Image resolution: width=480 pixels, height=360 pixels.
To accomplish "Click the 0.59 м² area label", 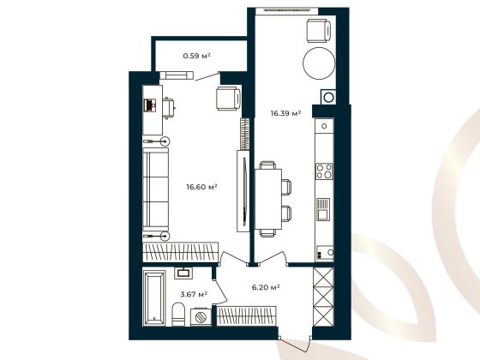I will coord(197,57).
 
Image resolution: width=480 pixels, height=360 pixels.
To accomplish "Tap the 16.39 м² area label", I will coord(285,112).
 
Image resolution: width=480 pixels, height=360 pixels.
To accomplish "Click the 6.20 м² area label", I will coord(266,288).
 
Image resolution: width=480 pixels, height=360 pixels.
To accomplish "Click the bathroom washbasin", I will coord(184,273).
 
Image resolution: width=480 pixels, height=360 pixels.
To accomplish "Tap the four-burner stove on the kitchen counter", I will coord(325,171).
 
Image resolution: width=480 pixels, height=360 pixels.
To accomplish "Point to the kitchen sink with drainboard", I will coord(324,209).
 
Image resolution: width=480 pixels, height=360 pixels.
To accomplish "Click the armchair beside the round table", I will coord(318,29).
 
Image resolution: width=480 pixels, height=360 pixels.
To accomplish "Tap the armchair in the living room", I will coord(228,99).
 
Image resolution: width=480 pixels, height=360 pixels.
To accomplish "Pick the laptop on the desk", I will coord(149,105).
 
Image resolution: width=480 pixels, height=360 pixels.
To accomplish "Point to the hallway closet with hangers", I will coord(245,315).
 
